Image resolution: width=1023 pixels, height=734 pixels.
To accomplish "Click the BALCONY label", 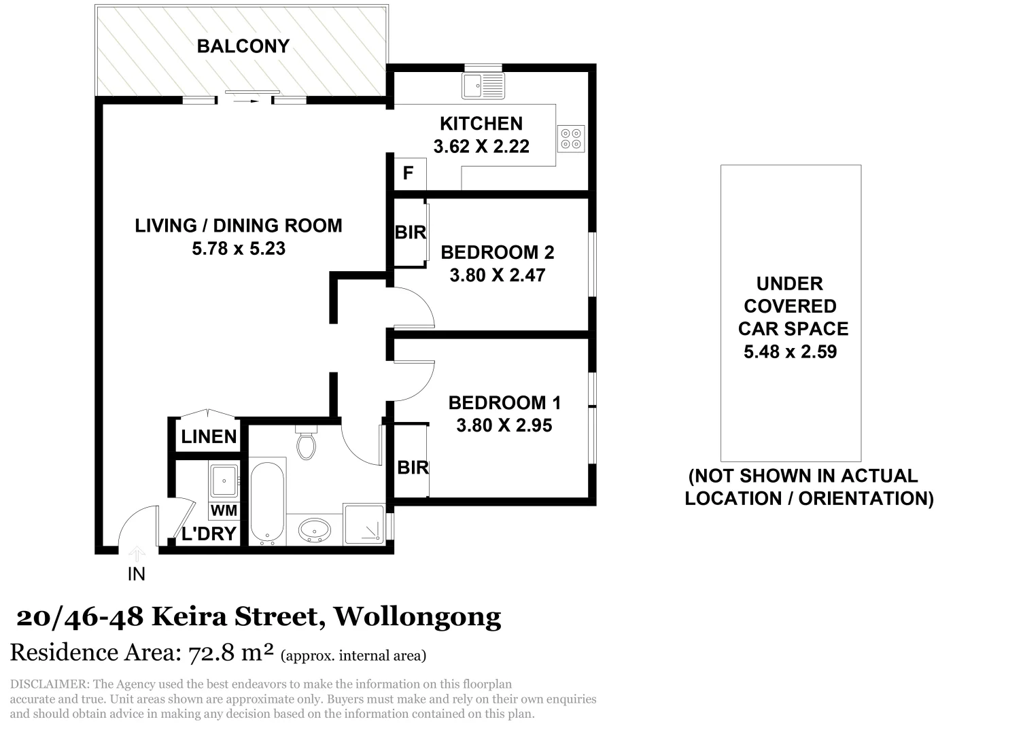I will click(x=243, y=46).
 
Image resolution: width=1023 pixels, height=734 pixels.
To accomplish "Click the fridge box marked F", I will click(x=408, y=173).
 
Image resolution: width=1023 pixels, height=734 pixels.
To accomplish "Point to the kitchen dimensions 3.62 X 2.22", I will click(x=481, y=146).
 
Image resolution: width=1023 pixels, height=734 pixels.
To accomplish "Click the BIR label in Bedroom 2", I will click(x=410, y=232).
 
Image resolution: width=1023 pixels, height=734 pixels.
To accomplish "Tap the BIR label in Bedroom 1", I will click(x=413, y=468).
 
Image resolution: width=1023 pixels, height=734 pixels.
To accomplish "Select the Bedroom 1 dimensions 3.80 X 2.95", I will click(x=504, y=425).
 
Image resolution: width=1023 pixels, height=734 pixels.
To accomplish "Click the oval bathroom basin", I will click(x=314, y=529).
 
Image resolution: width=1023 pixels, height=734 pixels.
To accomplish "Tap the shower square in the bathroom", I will click(x=364, y=523).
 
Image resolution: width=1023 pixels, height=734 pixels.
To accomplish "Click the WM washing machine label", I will click(x=224, y=510).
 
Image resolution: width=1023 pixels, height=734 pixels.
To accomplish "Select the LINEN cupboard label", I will click(x=209, y=436).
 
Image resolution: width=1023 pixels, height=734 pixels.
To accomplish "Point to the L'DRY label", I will click(x=209, y=534).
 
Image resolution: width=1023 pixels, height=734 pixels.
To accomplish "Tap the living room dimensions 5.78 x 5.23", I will click(x=239, y=249).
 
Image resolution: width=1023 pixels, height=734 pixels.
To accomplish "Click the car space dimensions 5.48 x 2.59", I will click(x=790, y=352).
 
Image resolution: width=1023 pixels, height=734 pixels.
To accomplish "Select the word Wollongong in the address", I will click(x=418, y=616).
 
